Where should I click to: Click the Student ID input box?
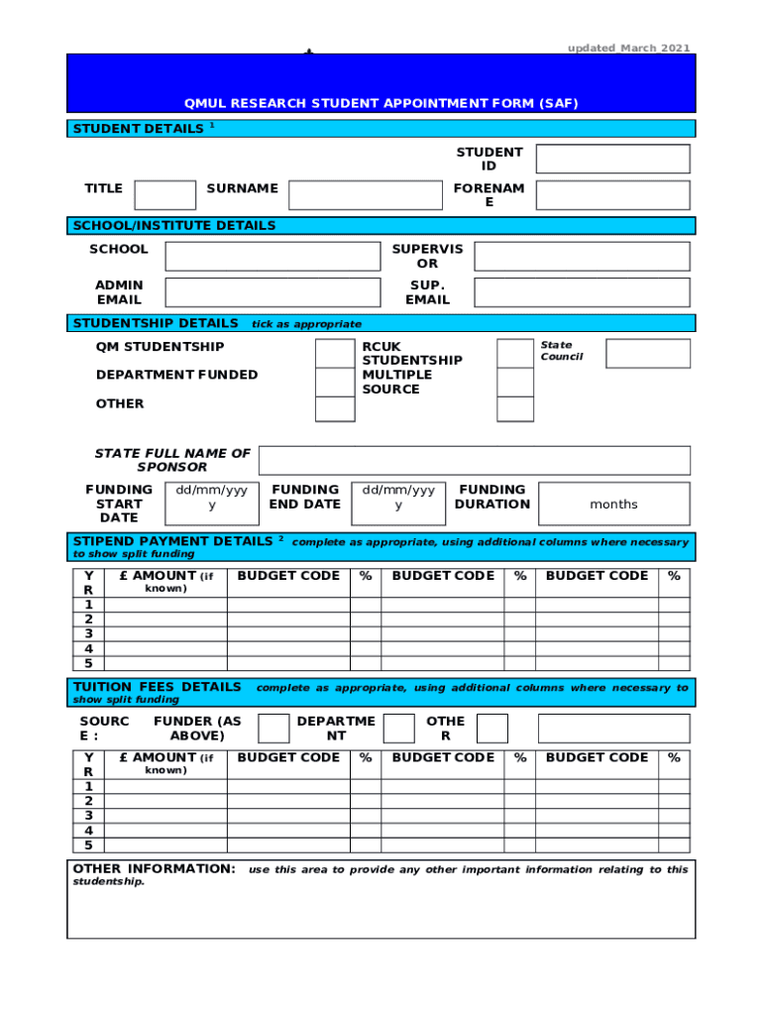coord(612,159)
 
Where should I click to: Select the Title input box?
coord(164,195)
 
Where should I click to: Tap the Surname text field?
coord(365,195)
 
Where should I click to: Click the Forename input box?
coord(612,195)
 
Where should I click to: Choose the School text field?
coord(272,257)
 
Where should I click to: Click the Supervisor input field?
coord(582,257)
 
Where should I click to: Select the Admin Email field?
coord(272,292)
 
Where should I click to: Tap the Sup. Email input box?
coord(582,292)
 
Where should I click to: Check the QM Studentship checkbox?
coord(334,353)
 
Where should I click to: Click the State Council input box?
coord(648,354)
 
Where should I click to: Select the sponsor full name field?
coord(474,461)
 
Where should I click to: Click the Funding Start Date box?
coord(212,504)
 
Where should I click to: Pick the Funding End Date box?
coord(398,504)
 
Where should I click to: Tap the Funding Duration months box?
coord(613,504)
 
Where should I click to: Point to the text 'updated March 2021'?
coord(628,48)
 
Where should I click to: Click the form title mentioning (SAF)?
coord(381,103)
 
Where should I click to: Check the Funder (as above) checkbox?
coord(273,729)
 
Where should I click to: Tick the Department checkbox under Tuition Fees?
coord(399,729)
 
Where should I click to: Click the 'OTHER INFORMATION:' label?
coord(155,869)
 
